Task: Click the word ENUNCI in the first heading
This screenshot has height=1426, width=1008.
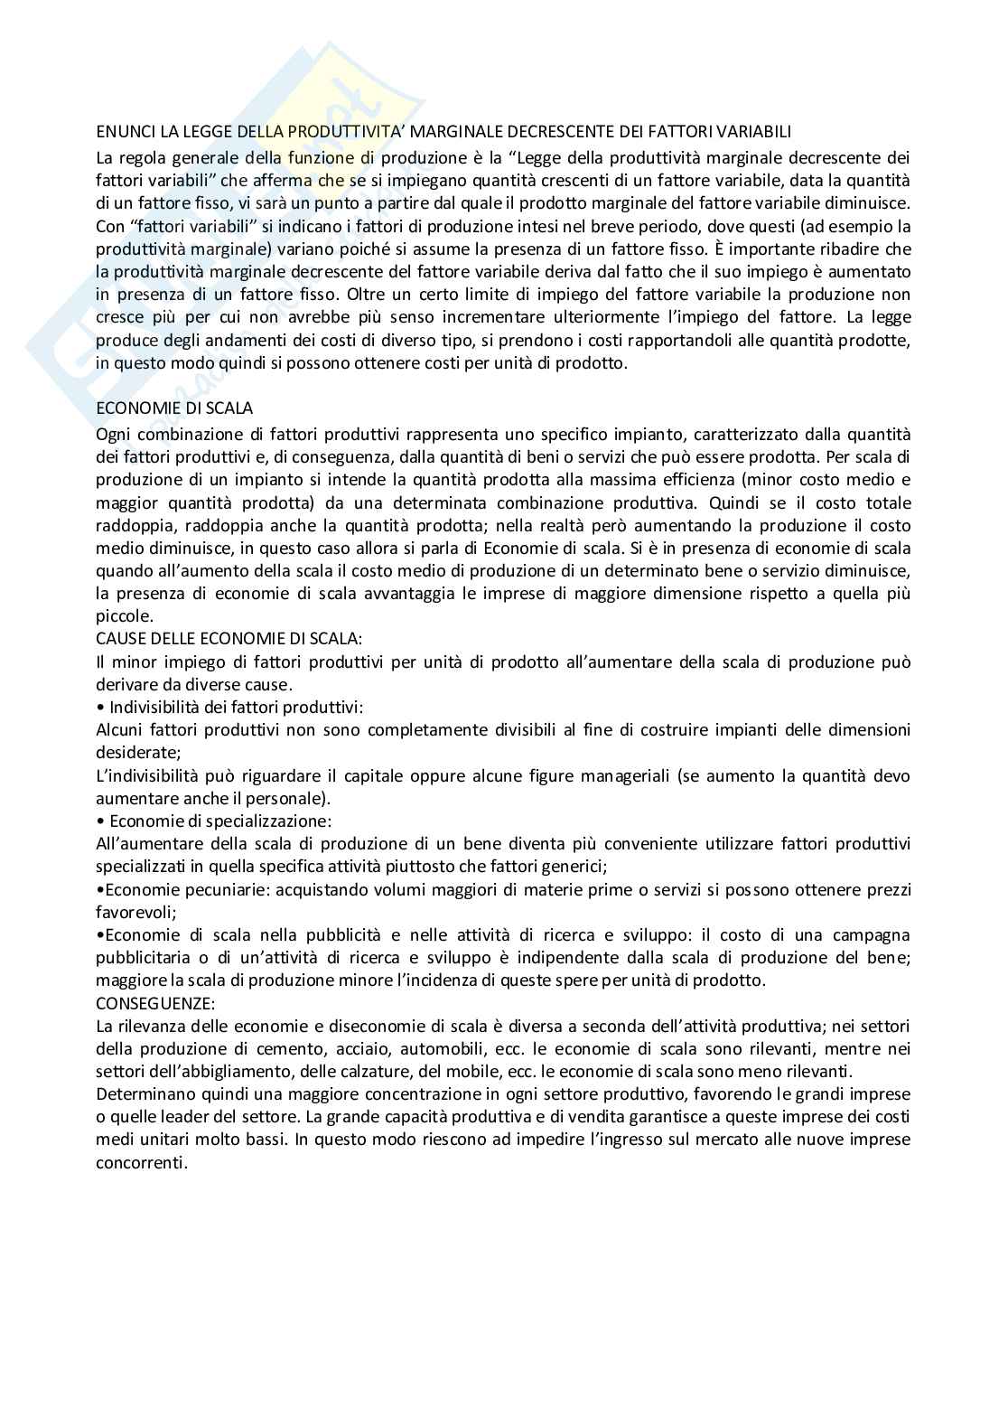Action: (125, 132)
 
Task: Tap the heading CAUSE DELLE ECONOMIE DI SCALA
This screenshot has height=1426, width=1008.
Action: (229, 638)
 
